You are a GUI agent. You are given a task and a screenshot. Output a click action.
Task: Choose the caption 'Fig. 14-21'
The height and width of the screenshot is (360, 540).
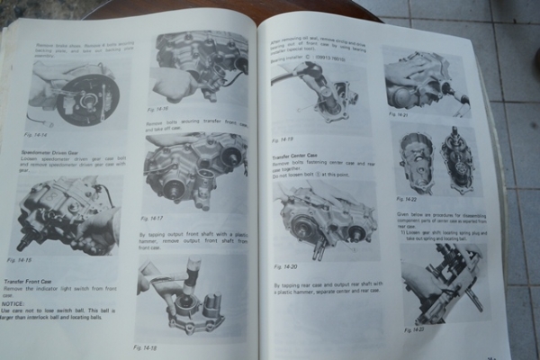(x=400, y=115)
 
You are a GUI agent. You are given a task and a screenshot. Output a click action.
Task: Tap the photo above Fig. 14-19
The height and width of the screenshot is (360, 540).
(x=315, y=94)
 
